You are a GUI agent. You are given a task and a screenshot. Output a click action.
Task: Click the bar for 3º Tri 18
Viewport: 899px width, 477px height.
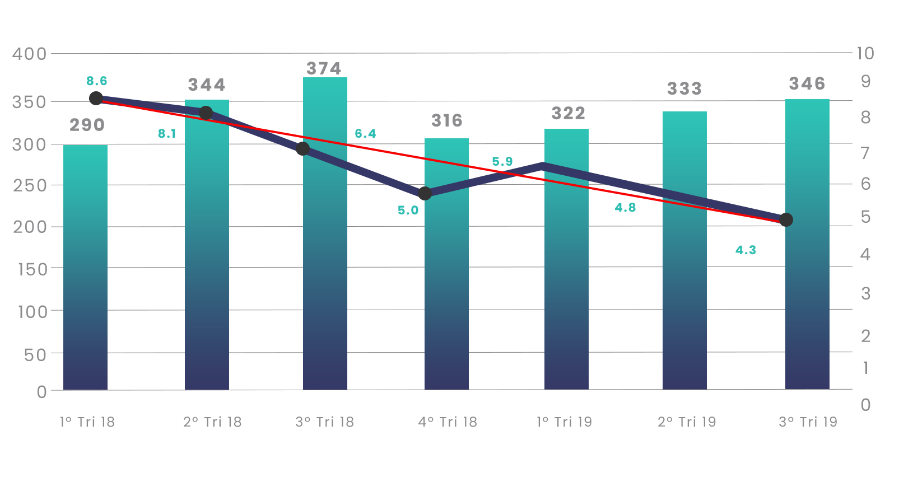click(x=325, y=233)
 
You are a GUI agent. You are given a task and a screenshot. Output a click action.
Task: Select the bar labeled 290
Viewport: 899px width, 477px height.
click(x=85, y=268)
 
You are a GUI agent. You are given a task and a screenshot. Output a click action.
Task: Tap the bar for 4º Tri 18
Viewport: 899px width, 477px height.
click(x=446, y=264)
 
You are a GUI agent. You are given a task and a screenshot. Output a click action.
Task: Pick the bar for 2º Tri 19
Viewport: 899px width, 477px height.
click(x=684, y=251)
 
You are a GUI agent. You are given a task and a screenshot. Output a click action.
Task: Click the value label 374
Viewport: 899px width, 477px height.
click(x=324, y=69)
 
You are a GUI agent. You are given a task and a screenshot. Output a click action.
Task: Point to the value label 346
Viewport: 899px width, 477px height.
click(x=807, y=84)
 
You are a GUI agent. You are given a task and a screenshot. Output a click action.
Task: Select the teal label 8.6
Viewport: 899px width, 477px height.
click(x=97, y=81)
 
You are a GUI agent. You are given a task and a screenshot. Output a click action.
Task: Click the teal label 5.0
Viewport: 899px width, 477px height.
click(x=408, y=210)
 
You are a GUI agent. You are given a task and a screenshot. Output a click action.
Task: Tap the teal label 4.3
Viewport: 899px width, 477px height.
click(x=746, y=250)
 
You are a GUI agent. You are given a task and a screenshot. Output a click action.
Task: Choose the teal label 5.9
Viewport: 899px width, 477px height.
click(x=502, y=161)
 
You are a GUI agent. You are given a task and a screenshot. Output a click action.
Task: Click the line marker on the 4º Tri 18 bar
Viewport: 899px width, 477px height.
click(x=425, y=193)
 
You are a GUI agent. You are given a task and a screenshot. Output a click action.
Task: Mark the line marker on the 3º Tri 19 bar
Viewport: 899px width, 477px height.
click(x=786, y=220)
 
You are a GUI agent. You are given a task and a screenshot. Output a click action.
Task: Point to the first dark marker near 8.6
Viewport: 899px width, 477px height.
click(x=96, y=98)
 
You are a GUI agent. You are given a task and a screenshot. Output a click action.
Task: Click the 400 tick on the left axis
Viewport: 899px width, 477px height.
click(x=29, y=54)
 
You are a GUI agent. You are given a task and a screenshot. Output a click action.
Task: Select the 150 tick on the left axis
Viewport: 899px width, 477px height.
click(x=32, y=270)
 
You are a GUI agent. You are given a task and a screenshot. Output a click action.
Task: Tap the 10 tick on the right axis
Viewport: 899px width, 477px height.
click(x=865, y=53)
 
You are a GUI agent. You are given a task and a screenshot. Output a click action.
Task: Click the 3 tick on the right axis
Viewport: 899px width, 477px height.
click(x=866, y=294)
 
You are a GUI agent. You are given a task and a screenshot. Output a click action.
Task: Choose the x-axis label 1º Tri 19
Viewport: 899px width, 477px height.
click(x=564, y=422)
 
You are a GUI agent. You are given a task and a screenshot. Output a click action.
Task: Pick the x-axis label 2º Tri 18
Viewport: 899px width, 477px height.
click(x=212, y=422)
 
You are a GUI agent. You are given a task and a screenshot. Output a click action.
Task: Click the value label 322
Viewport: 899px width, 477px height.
click(x=569, y=114)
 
